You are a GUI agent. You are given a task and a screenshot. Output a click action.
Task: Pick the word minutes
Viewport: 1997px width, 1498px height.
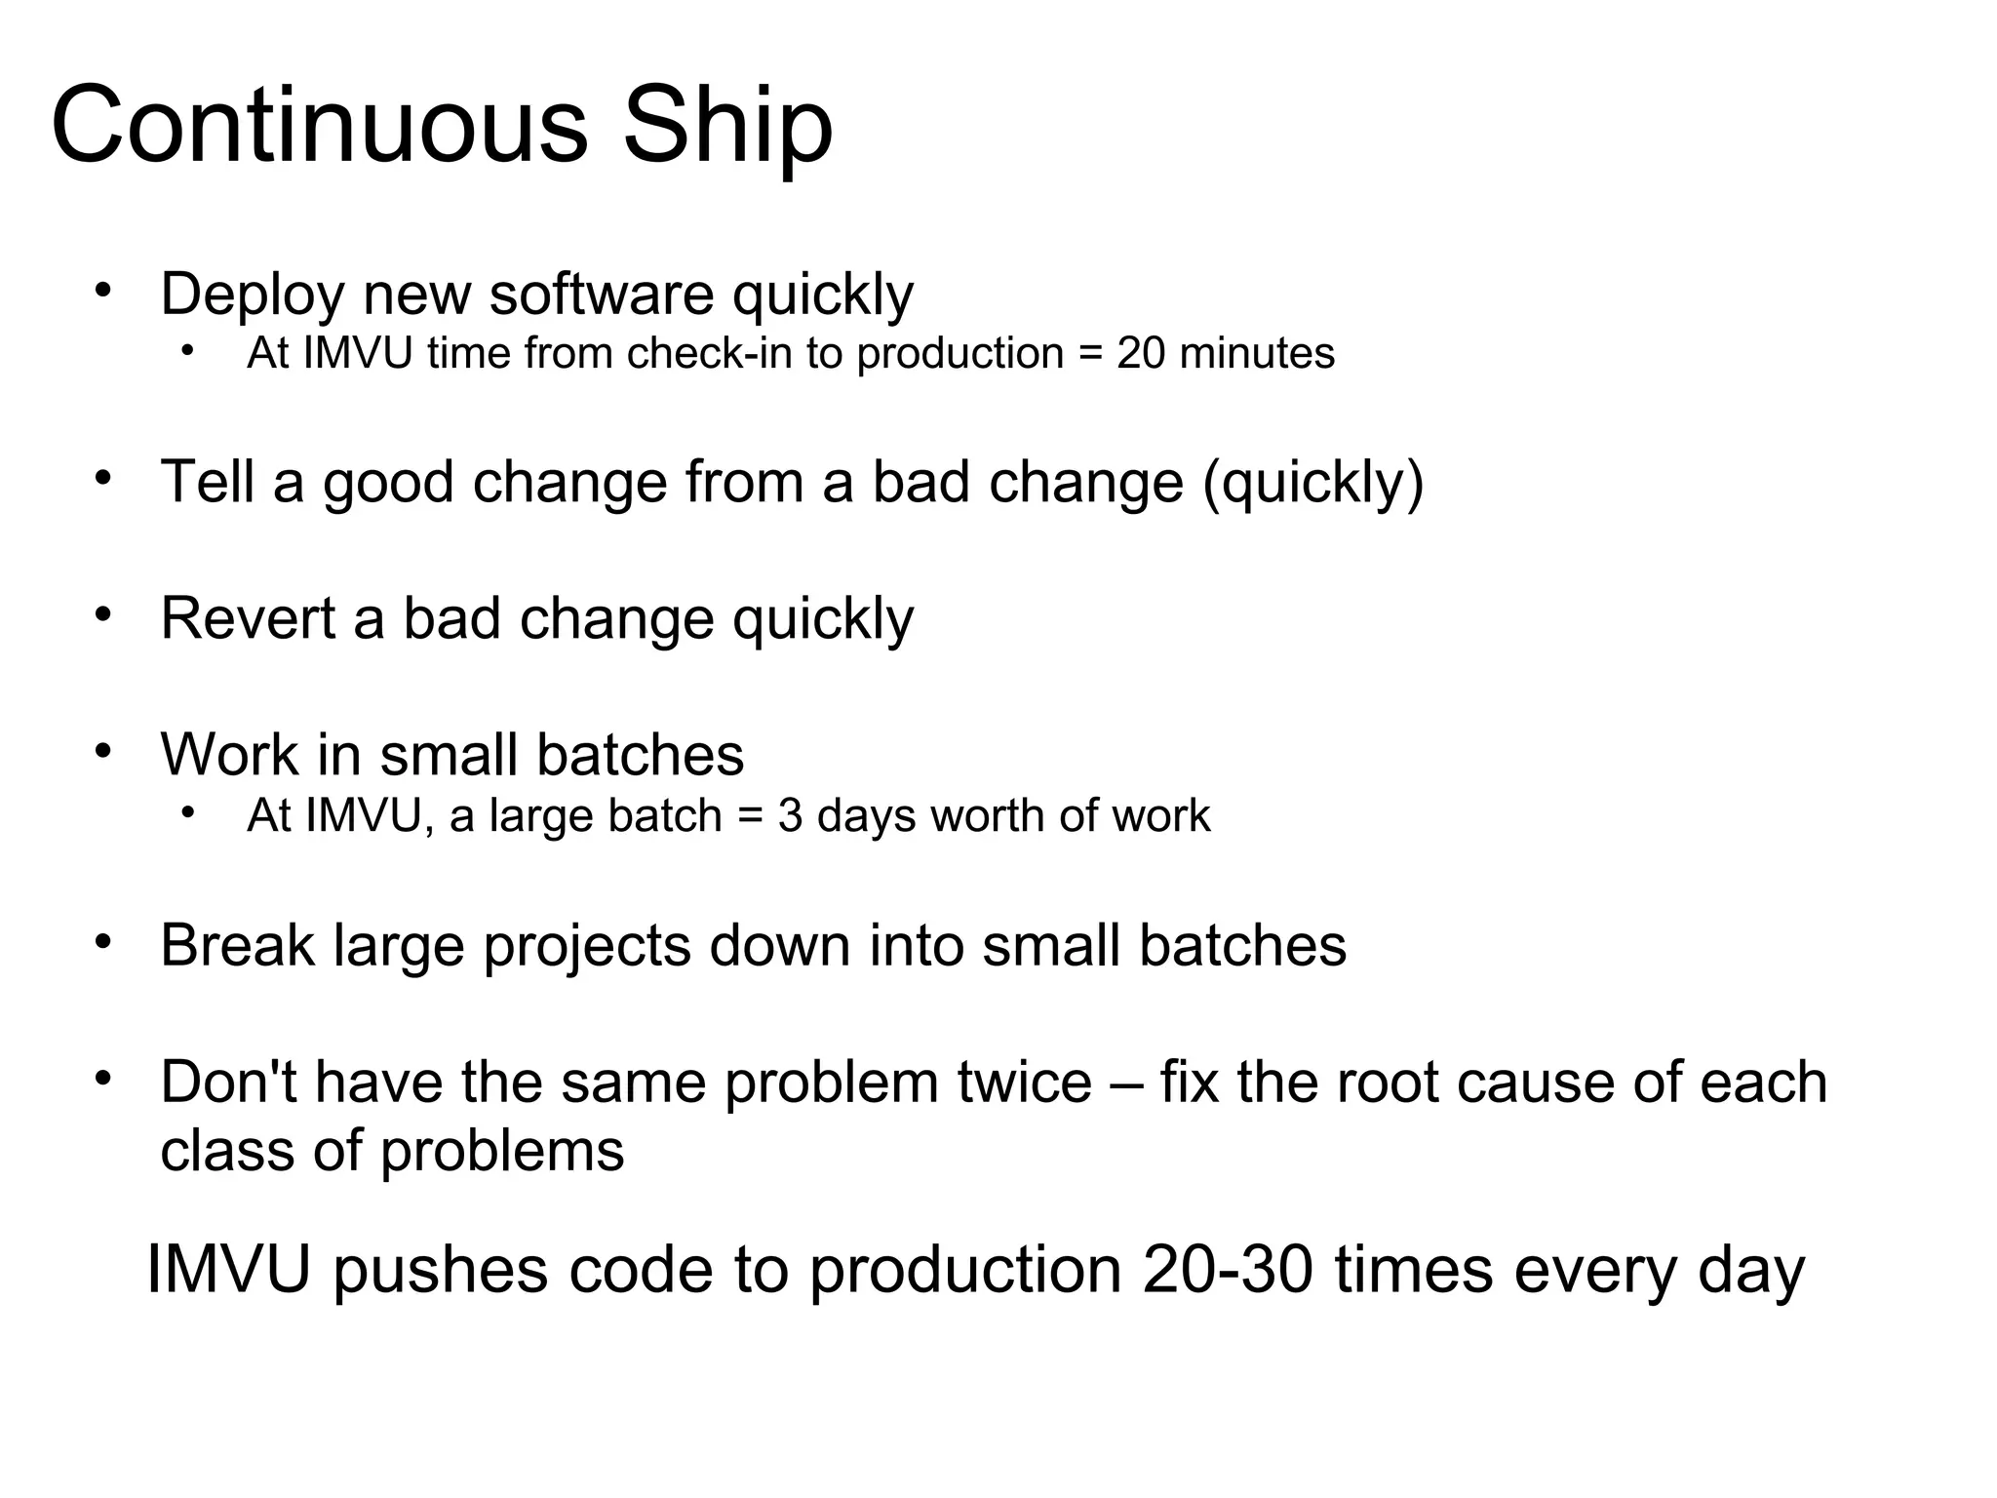tap(1256, 353)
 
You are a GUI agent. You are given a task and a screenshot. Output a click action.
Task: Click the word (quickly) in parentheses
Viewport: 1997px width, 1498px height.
tap(1313, 483)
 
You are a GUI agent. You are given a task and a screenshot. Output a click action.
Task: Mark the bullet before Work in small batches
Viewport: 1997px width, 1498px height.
tap(103, 752)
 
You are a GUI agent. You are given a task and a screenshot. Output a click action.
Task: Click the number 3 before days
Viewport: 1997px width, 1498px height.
tap(790, 815)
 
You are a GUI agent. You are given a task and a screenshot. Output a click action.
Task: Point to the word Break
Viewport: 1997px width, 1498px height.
tap(237, 945)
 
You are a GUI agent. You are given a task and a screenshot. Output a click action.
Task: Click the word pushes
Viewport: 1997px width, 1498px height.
tap(441, 1270)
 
